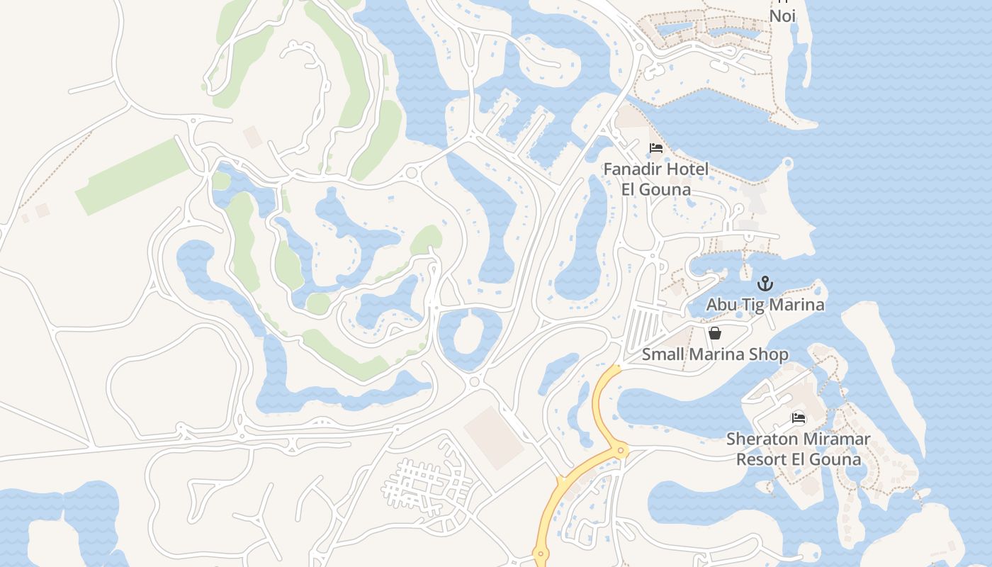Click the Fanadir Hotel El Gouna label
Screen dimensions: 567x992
click(x=655, y=179)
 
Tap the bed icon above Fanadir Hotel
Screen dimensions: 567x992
click(x=656, y=148)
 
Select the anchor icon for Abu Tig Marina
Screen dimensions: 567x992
click(x=765, y=284)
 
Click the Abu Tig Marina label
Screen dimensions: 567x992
click(x=765, y=305)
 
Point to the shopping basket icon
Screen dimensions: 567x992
click(x=715, y=333)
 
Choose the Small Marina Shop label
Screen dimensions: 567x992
click(x=715, y=354)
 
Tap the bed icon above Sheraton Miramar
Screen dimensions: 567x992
click(x=799, y=418)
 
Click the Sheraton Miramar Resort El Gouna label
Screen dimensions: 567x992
click(x=799, y=449)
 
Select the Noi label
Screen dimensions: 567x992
click(x=782, y=16)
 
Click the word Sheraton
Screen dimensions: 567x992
click(x=760, y=439)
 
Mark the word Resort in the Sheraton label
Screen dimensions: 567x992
click(x=760, y=459)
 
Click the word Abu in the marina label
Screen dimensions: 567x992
click(x=721, y=305)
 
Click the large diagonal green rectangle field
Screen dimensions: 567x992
click(x=133, y=176)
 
